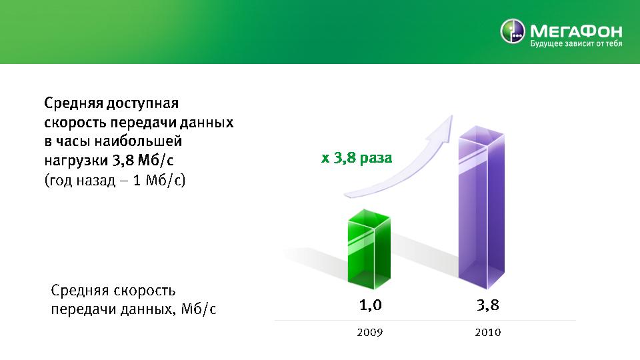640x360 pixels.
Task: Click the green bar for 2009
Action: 369,249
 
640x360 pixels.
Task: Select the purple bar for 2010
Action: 481,207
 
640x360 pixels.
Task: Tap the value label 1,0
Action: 370,305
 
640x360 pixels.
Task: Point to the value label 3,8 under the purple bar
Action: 488,305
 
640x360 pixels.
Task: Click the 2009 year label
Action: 370,332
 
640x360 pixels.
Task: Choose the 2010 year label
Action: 488,332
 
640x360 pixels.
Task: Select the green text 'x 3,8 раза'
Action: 357,157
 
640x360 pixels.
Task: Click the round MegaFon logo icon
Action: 513,31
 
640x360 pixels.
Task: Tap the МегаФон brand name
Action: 576,31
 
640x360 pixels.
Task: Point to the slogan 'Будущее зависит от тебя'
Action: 576,43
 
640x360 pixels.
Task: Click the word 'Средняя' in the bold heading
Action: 74,103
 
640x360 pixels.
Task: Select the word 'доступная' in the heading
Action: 143,104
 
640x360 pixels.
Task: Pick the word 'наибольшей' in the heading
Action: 139,141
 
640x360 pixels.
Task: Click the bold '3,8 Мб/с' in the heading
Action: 143,160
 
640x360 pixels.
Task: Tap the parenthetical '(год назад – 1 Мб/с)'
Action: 115,180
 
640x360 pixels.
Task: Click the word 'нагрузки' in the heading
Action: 76,161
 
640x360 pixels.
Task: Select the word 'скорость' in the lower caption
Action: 145,291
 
